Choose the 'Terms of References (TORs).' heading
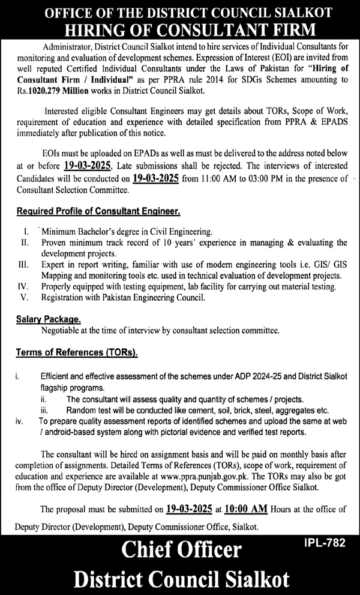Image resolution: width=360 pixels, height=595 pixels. (x=77, y=353)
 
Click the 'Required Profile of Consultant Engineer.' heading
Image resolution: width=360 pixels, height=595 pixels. (x=98, y=211)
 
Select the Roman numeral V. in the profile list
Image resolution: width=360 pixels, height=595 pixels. (x=24, y=297)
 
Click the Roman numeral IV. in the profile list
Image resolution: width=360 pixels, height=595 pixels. (x=23, y=286)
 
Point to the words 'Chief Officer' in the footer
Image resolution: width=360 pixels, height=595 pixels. (x=181, y=551)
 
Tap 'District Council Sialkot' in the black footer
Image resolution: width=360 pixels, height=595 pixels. (x=181, y=579)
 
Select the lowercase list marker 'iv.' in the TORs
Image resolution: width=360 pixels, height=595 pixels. (x=20, y=422)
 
